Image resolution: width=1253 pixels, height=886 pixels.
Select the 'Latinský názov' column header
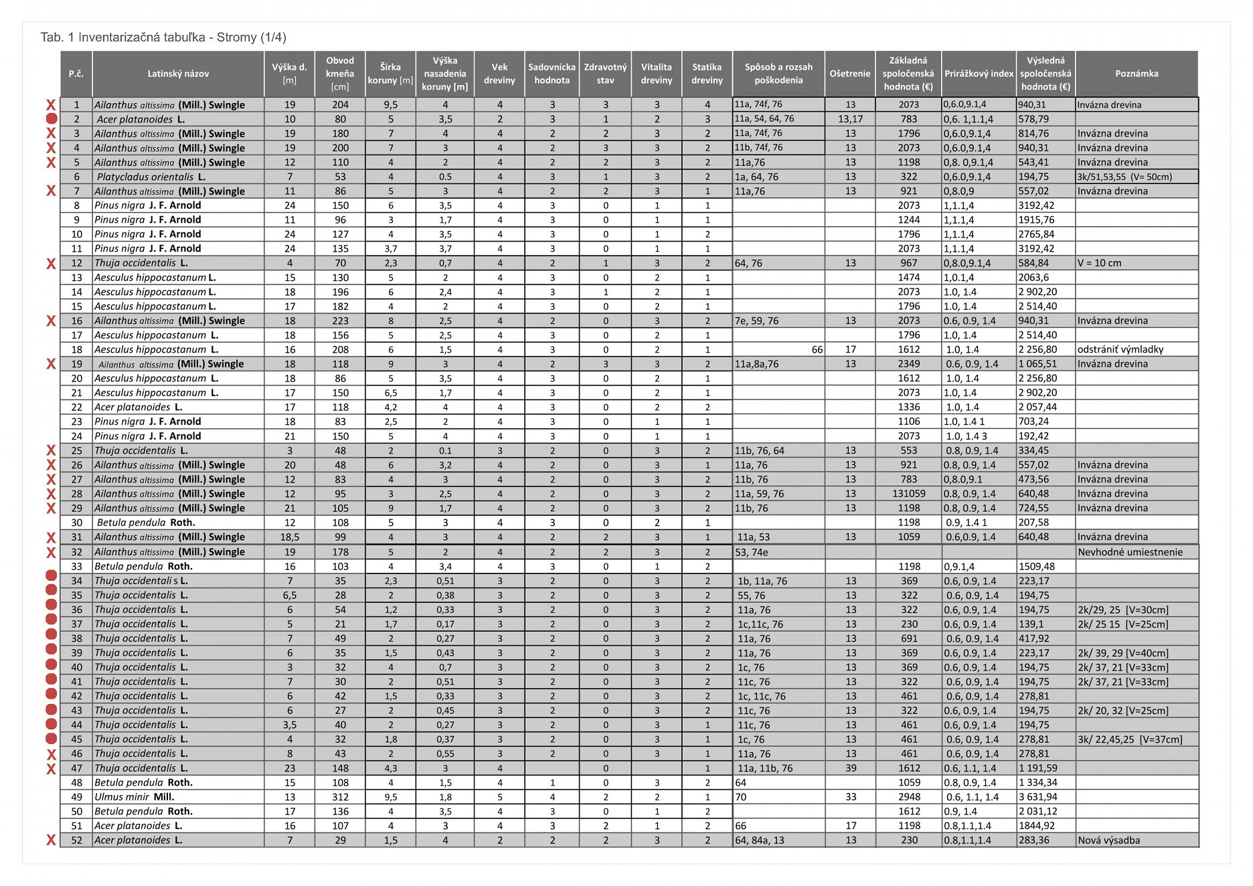[178, 74]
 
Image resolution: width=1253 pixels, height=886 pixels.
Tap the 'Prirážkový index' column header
[979, 74]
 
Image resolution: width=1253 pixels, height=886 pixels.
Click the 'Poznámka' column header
[1136, 74]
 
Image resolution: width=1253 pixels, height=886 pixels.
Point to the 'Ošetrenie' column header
[850, 74]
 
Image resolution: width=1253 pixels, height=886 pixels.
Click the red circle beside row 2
[51, 119]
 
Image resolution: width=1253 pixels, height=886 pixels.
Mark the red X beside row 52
[51, 840]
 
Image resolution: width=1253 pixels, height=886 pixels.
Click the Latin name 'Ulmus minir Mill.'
[134, 797]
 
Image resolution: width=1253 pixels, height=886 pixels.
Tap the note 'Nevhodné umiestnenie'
[1130, 552]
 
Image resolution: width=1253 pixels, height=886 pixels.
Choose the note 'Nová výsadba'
[1108, 840]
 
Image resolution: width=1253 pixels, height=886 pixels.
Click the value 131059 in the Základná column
[908, 494]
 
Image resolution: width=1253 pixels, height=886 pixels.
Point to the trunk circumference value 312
[340, 797]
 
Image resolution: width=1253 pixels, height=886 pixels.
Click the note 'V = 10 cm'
[1099, 263]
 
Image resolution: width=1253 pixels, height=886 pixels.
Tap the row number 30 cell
[76, 523]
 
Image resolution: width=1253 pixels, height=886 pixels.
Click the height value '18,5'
[289, 537]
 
